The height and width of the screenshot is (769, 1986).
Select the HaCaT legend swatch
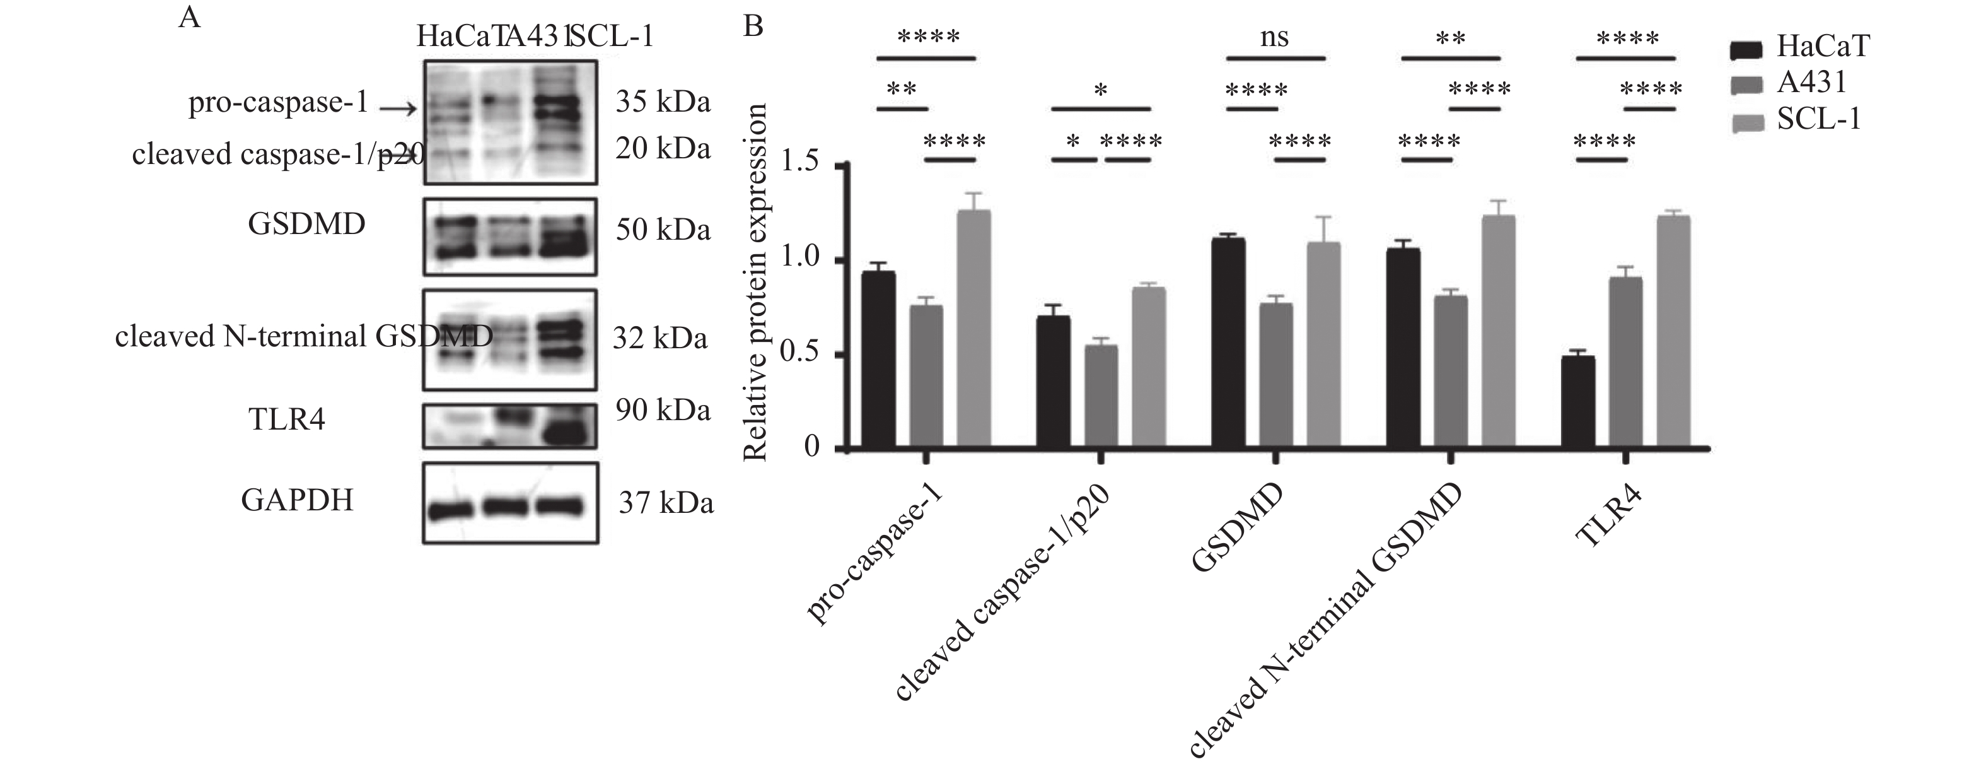pos(1747,50)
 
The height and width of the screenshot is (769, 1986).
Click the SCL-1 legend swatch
pos(1747,122)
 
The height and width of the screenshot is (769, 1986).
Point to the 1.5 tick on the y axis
pos(845,164)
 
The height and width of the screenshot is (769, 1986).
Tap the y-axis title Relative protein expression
pos(755,281)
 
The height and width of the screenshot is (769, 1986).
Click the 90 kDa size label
pos(662,410)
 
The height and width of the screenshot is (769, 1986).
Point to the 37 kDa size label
pos(666,503)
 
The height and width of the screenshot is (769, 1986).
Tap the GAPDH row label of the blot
pos(297,500)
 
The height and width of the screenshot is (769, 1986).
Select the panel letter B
pos(752,27)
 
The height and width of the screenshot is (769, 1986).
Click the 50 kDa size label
pos(662,230)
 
